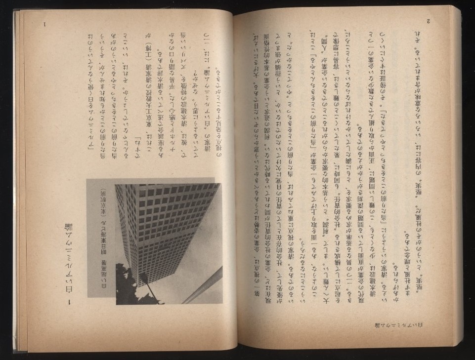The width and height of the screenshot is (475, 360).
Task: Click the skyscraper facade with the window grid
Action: [163, 227]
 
